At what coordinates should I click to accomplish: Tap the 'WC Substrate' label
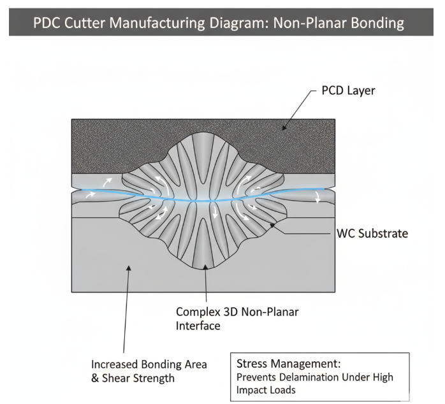pos(372,233)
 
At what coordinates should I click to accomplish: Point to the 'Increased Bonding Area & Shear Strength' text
pos(149,371)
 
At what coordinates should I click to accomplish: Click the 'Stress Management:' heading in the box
pos(289,364)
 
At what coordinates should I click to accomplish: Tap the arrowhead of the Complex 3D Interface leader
pos(205,268)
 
